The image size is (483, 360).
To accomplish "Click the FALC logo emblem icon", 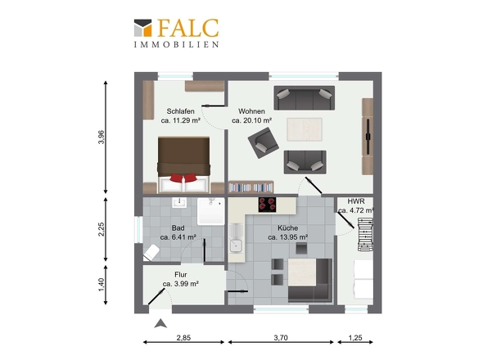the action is click(x=143, y=28).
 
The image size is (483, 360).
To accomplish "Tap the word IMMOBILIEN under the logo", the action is click(x=177, y=44).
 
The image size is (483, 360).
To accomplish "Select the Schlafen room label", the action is click(x=180, y=111).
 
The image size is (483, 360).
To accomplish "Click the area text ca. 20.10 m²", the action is click(x=251, y=121).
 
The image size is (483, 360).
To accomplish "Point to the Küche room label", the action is click(x=287, y=228).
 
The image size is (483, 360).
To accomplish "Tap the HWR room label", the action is click(x=356, y=201).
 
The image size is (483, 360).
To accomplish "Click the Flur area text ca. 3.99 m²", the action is click(x=180, y=284).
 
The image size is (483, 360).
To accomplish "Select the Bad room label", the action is click(x=178, y=228).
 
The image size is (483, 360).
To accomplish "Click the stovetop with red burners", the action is click(x=267, y=205).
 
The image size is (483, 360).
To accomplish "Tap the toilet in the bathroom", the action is click(x=151, y=253).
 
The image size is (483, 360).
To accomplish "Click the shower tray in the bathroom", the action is click(x=211, y=211).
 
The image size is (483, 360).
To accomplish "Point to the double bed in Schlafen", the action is click(x=184, y=165).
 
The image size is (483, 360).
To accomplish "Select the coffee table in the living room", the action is click(x=305, y=129).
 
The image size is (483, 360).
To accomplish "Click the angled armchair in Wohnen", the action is click(x=264, y=142).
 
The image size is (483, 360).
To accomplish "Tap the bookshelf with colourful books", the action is click(x=251, y=187).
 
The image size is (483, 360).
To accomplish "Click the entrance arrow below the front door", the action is click(x=160, y=324).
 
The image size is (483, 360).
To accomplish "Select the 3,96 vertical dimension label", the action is click(x=102, y=137).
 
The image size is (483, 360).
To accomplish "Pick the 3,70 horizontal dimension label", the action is click(x=281, y=338).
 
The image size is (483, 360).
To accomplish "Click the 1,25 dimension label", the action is click(x=355, y=338).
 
